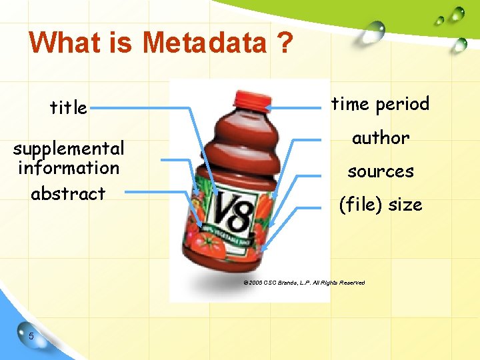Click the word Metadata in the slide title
click(203, 43)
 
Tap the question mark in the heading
click(285, 43)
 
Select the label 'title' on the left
click(69, 107)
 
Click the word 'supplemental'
click(69, 147)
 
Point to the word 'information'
click(69, 167)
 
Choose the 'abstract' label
click(69, 193)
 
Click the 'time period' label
click(380, 104)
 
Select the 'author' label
click(380, 137)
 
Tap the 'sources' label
click(380, 171)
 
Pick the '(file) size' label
click(380, 205)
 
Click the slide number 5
click(31, 335)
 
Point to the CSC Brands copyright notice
click(304, 283)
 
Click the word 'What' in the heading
click(60, 43)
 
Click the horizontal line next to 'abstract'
click(157, 193)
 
